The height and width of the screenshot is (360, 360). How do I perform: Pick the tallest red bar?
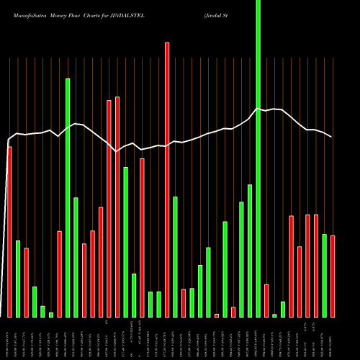point(167,180)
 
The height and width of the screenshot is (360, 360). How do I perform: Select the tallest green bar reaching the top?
point(258,158)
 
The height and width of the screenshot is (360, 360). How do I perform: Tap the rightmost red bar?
point(333,276)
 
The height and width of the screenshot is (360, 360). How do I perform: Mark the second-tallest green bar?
point(68,198)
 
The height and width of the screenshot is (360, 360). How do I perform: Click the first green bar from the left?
point(18,279)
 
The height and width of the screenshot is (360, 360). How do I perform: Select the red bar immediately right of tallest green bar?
point(266,301)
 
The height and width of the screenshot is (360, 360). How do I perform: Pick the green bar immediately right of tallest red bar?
point(175,256)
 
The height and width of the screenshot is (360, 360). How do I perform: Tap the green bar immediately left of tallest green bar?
point(250,251)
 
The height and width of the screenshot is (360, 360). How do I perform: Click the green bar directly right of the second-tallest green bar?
point(76,257)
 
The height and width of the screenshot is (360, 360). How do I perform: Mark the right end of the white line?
point(332,136)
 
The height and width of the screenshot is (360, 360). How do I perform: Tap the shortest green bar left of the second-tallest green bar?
point(51,315)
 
